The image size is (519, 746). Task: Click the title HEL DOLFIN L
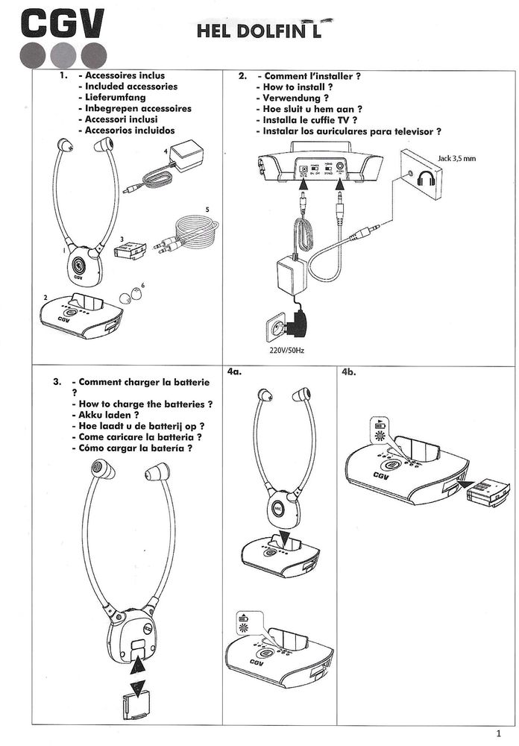click(x=259, y=31)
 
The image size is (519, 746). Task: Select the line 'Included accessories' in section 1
click(x=130, y=87)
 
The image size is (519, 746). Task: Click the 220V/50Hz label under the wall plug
click(x=282, y=351)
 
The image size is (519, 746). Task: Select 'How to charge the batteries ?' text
click(x=145, y=404)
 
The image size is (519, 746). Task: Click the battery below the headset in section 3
click(x=137, y=701)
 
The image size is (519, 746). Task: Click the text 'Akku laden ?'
click(x=109, y=415)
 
